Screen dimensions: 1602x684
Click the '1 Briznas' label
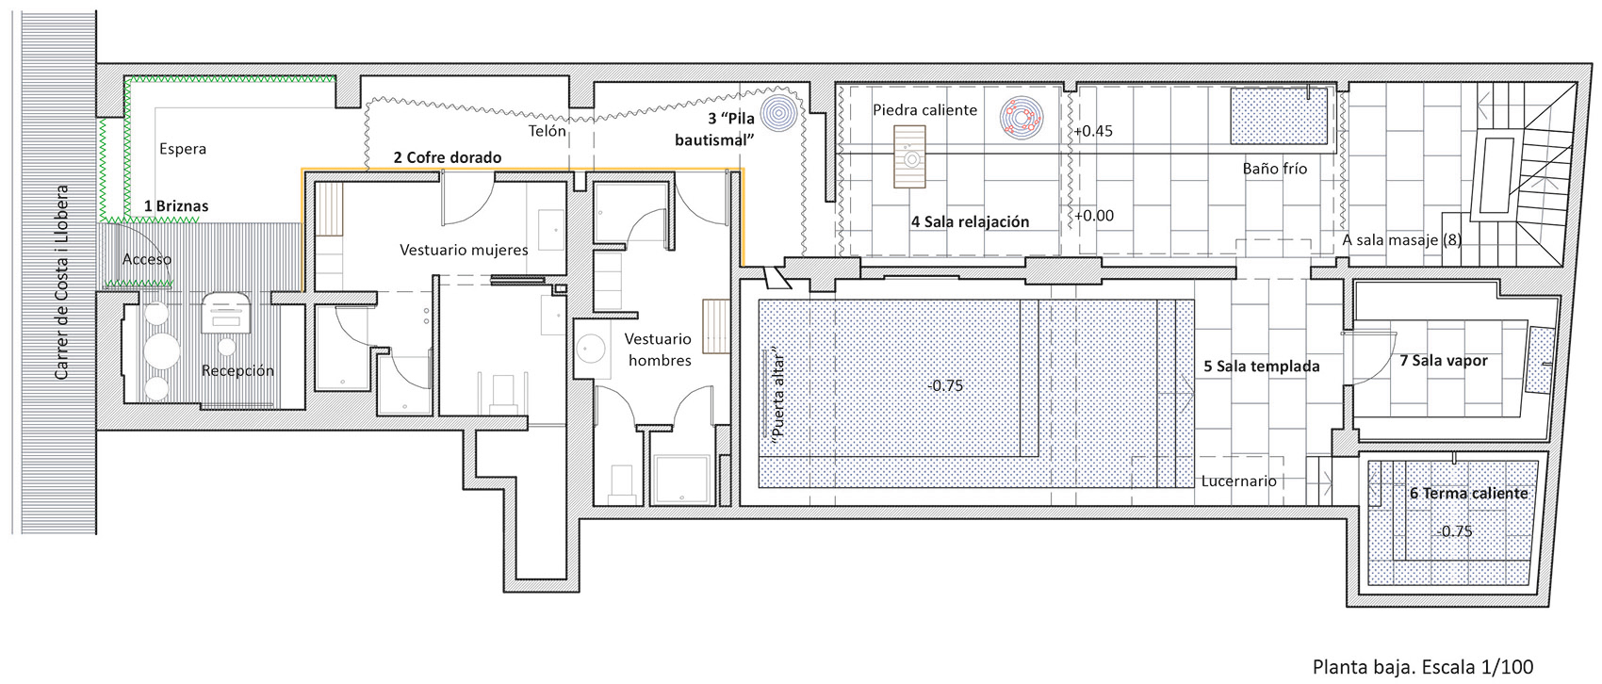[x=176, y=206]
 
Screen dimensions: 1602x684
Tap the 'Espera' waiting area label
[x=183, y=150]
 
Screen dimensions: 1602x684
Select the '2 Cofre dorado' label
[x=447, y=157]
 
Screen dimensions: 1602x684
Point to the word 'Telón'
[x=548, y=131]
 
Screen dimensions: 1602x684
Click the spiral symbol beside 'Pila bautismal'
[x=778, y=113]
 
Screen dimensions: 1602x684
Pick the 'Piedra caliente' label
[x=924, y=110]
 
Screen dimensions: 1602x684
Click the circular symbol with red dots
[x=1022, y=117]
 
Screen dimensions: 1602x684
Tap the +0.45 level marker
[x=1093, y=132]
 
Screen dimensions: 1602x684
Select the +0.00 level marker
[x=1093, y=216]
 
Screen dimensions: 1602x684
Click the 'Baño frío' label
[x=1274, y=169]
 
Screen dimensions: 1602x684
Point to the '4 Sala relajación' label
[x=970, y=221]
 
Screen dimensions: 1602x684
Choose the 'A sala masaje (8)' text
[x=1402, y=240]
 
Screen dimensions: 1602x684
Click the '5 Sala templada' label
[x=1262, y=366]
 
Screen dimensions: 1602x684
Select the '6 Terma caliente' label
[x=1469, y=493]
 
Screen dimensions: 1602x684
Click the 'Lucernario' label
[x=1238, y=481]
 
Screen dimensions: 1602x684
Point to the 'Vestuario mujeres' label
[x=464, y=251]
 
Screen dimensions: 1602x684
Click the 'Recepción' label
[x=237, y=370]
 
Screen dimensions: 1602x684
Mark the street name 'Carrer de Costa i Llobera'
[x=62, y=283]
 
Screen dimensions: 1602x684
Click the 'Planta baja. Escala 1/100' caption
[x=1423, y=668]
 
